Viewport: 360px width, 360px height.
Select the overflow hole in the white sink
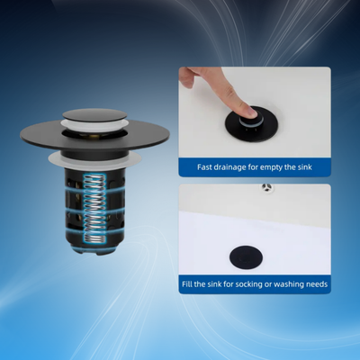[x=266, y=188]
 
